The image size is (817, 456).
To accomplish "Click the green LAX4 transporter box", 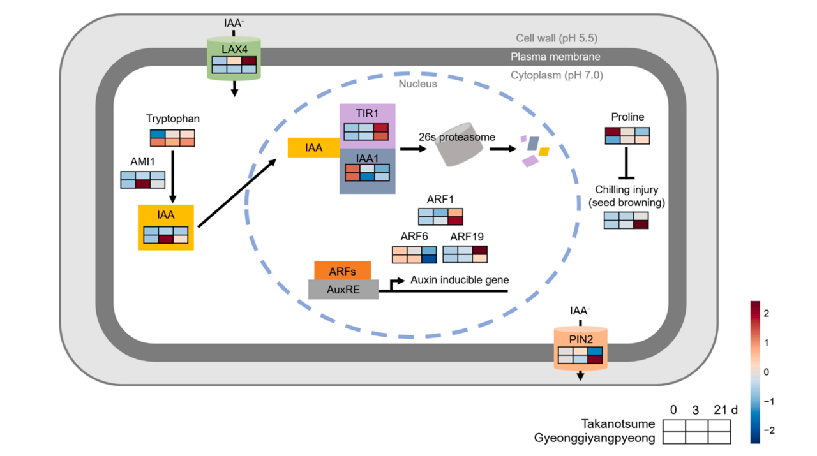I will [234, 58].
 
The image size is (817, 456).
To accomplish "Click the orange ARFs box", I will [342, 271].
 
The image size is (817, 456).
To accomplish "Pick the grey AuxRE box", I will [343, 290].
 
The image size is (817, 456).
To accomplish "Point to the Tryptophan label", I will [172, 119].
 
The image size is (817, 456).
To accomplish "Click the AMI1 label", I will [143, 162].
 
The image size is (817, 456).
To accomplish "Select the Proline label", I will [627, 117].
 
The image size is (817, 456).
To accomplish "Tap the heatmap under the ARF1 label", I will [440, 216].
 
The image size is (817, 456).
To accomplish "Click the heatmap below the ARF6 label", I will [414, 254].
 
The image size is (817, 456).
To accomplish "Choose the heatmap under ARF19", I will [465, 254].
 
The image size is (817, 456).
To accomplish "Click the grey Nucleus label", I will [417, 84].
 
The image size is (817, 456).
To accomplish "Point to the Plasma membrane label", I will [555, 57].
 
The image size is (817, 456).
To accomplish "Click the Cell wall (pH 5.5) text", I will [557, 38].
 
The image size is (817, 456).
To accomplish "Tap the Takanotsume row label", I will [618, 424].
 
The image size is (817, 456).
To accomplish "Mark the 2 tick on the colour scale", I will [766, 313].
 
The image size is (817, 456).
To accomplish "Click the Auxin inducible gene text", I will [460, 279].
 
